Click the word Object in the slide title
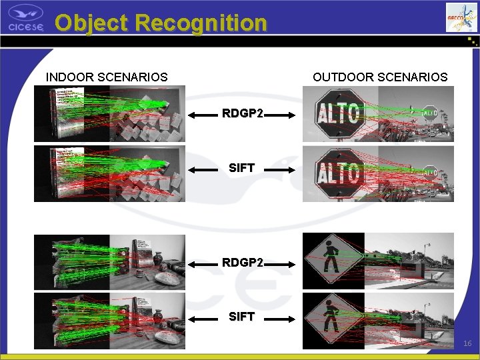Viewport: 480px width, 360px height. point(91,23)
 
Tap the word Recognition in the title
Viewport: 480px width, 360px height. point(201,23)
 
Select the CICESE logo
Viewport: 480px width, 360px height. point(26,18)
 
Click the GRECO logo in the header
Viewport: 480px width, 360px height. point(462,17)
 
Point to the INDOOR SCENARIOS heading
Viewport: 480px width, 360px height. point(107,77)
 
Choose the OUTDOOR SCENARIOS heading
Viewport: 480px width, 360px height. point(380,77)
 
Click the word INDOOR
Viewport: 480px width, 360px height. point(70,77)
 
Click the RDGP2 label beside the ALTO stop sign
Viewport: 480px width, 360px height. point(243,114)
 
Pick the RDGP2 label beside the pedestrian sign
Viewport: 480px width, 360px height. point(243,263)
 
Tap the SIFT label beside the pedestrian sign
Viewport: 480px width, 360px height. point(241,317)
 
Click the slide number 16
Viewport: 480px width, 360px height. point(467,343)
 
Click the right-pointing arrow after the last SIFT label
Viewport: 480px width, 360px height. point(281,319)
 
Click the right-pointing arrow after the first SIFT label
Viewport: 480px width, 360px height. point(281,170)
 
